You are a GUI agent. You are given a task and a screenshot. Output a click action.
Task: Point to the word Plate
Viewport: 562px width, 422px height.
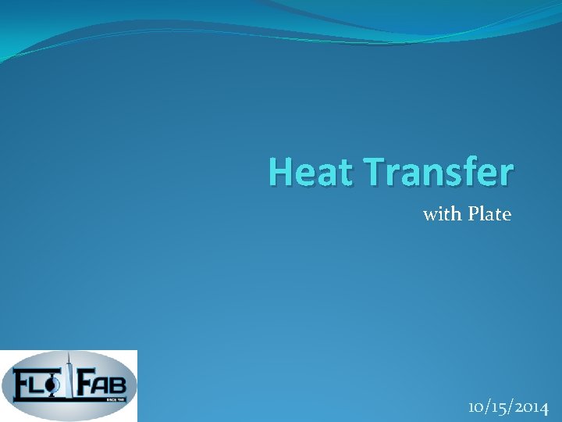tap(489, 213)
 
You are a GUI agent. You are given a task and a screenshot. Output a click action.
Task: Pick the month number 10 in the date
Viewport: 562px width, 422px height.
tap(476, 407)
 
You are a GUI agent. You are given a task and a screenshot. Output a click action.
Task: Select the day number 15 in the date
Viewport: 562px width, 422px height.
tap(496, 407)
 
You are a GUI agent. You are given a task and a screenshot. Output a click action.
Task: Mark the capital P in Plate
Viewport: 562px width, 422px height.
tap(473, 213)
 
